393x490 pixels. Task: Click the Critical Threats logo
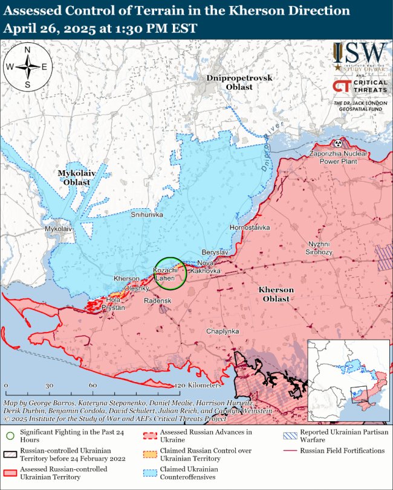click(360, 87)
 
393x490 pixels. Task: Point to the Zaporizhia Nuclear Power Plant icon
click(337, 143)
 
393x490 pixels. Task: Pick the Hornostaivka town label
click(250, 227)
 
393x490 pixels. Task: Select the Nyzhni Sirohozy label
click(317, 248)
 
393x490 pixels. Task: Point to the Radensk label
click(157, 301)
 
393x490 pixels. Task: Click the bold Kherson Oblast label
click(276, 294)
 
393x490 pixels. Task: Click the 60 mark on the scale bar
click(93, 385)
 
